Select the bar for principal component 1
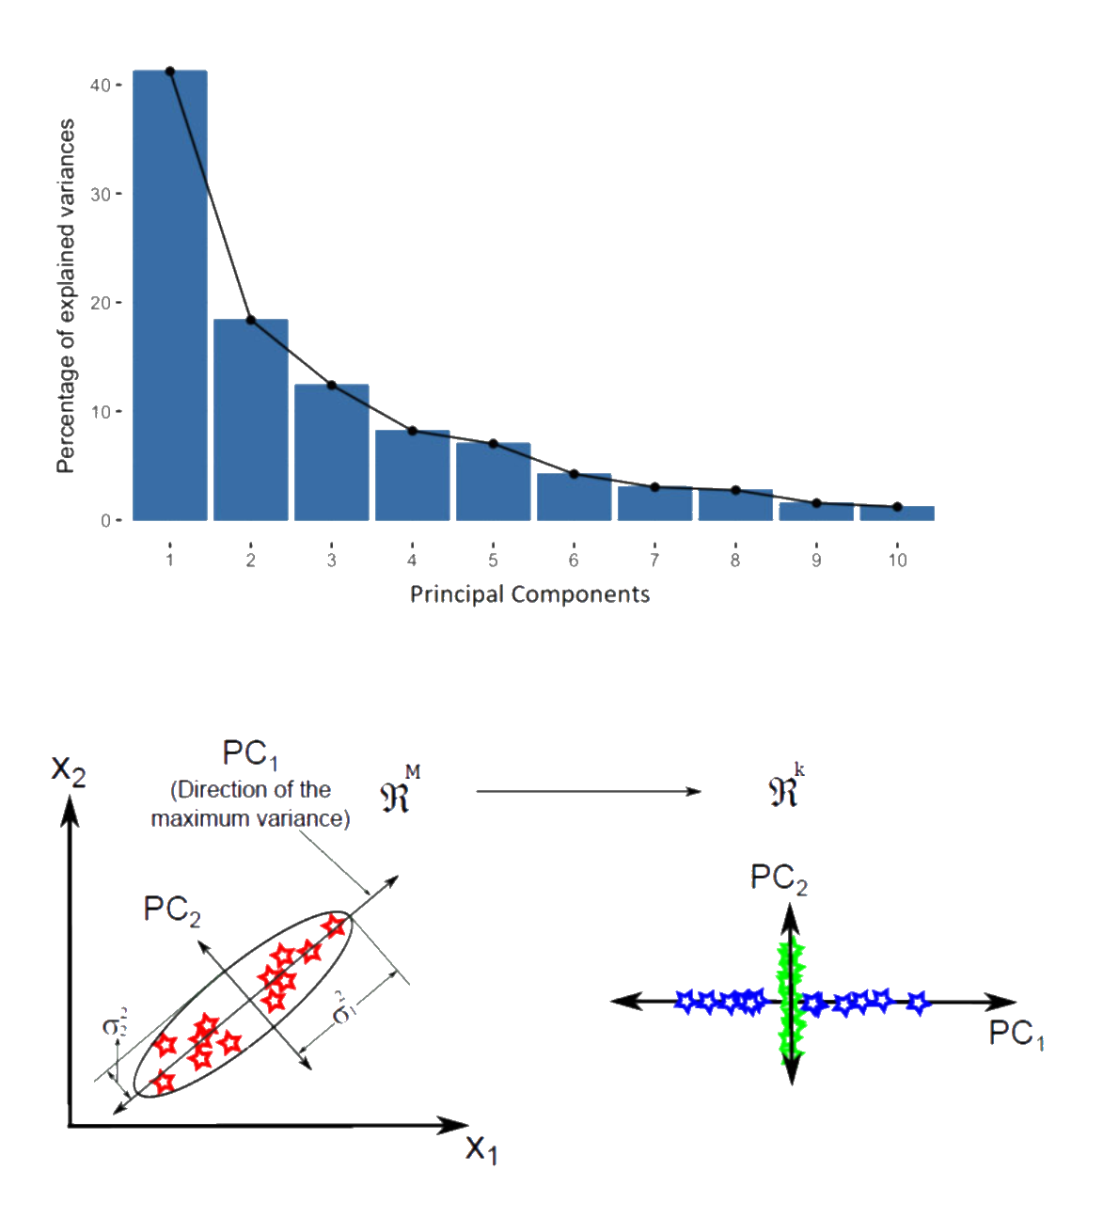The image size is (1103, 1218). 170,295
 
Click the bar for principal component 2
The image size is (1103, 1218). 251,419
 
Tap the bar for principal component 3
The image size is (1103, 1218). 332,452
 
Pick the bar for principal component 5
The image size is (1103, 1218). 493,481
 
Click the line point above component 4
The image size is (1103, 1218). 412,431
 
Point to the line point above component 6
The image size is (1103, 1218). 574,474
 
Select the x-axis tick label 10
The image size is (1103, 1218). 897,561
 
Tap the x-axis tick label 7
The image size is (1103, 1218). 654,561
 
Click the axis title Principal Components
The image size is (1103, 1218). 529,594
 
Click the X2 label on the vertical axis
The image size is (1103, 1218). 68,774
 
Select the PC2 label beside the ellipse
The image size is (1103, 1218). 171,910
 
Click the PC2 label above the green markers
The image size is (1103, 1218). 779,878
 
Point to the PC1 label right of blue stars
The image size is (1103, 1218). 1016,1034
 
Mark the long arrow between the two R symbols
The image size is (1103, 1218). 589,792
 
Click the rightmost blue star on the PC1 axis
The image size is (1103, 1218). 918,1004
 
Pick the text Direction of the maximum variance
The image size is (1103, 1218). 251,804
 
